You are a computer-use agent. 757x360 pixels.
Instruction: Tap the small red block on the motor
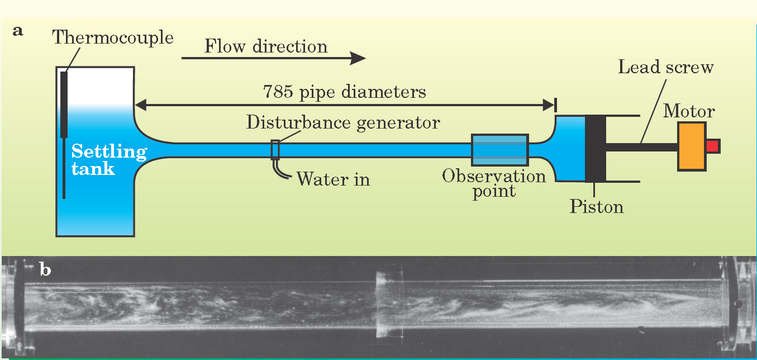coord(712,146)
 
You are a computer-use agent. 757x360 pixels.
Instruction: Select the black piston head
coord(596,148)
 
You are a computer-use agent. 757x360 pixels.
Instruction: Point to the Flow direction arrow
coord(273,57)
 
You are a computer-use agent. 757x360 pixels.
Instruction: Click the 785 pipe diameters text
coord(344,92)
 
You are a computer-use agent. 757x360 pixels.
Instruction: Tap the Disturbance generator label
coord(343,122)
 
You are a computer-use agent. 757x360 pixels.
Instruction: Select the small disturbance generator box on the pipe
coord(275,150)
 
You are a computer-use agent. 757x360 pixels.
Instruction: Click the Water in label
coord(333,179)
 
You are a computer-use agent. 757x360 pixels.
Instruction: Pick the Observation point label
coord(494,183)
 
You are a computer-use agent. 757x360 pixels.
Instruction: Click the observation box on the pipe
coord(499,150)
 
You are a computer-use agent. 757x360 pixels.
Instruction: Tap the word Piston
coord(596,207)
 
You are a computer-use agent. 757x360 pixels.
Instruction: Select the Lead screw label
coord(666,68)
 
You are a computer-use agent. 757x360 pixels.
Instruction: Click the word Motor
coord(689,111)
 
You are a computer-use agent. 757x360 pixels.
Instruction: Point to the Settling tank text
coord(108,160)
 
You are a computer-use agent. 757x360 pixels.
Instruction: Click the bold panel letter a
coord(18,31)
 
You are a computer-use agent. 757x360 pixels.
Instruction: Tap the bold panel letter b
coord(45,271)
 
